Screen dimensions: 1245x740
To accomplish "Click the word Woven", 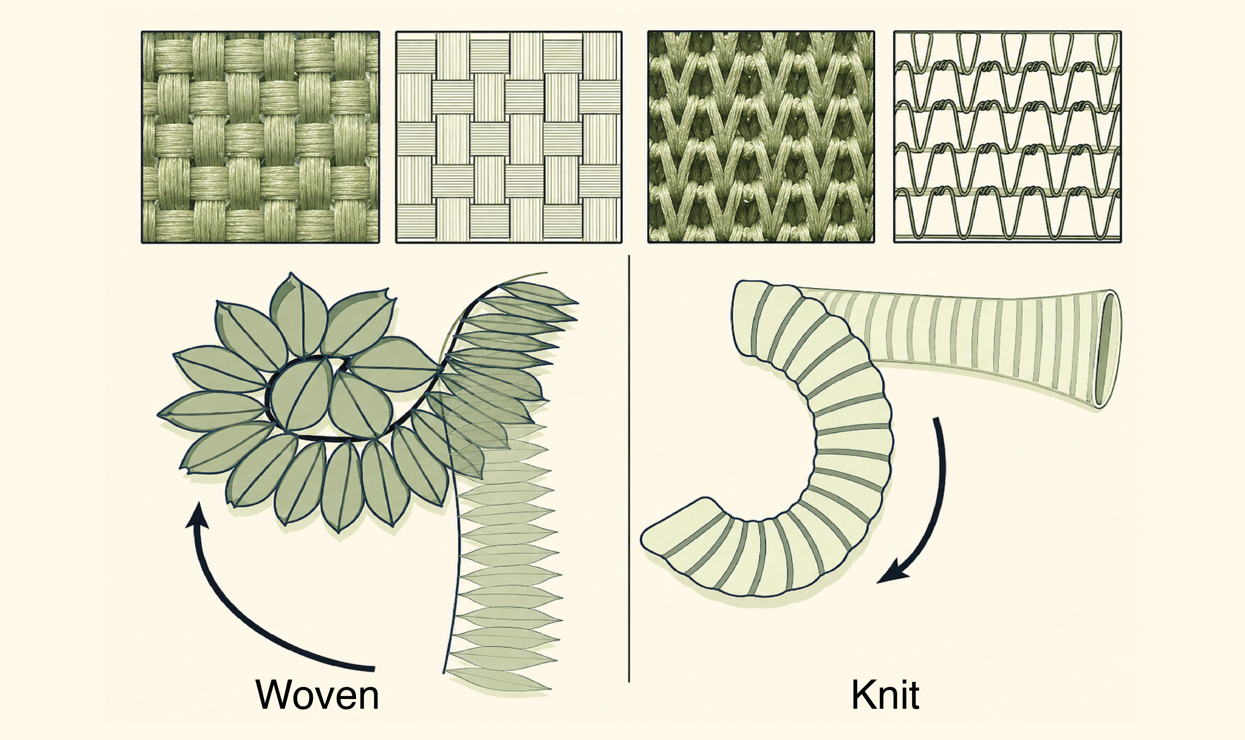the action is pos(317,695).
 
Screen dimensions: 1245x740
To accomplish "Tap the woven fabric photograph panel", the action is pos(261,137).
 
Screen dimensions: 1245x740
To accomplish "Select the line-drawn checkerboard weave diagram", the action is pos(509,137).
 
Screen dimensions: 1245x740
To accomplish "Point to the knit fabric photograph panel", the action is pos(761,137).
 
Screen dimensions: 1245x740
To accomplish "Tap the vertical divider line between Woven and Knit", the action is pos(629,469).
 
